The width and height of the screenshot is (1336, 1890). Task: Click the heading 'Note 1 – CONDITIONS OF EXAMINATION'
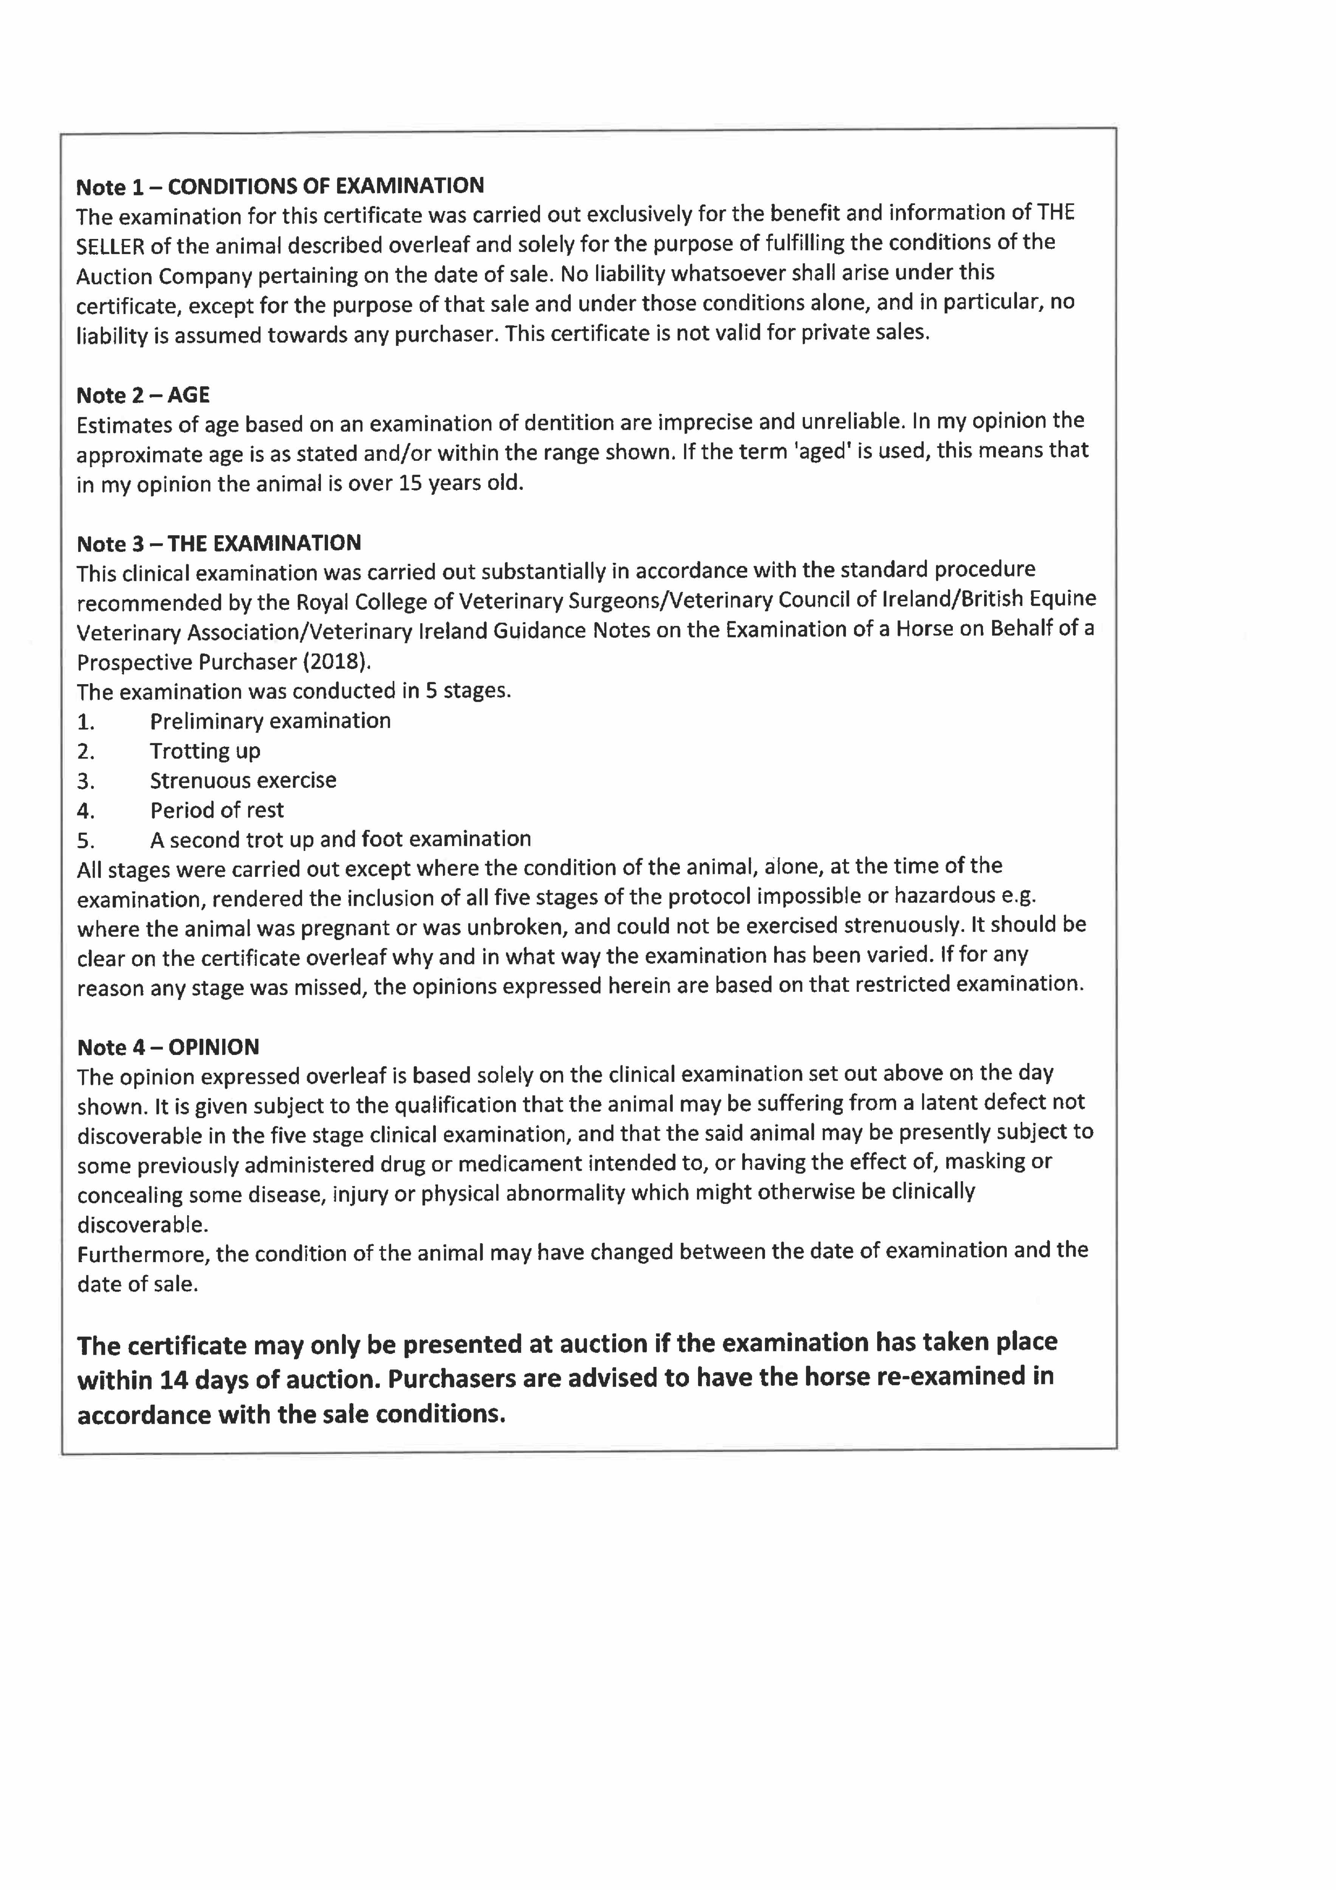(280, 187)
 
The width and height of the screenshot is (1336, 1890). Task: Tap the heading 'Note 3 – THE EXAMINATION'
(219, 543)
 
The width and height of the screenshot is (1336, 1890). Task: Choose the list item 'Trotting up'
(205, 751)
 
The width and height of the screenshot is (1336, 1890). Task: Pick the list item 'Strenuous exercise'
(243, 780)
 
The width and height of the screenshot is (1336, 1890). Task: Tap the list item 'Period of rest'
(217, 810)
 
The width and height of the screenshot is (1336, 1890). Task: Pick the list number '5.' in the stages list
(86, 840)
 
